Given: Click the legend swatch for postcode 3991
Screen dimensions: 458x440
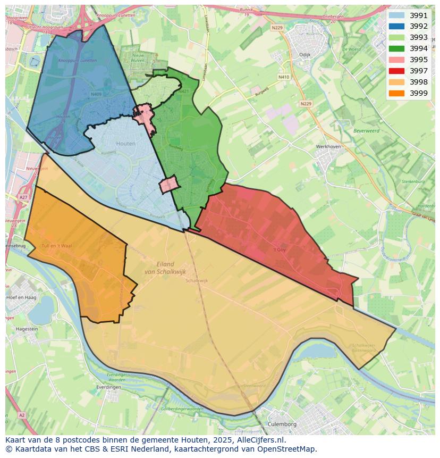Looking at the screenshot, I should point(396,15).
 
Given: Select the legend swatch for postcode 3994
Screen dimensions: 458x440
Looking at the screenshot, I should point(396,48).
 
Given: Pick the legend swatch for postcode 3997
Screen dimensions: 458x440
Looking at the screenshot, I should point(396,71).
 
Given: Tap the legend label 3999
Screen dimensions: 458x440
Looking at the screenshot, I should point(419,93).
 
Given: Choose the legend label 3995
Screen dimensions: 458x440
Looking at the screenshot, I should point(419,60).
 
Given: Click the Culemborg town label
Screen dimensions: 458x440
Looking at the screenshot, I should point(282,424).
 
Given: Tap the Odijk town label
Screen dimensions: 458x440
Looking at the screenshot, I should point(304,54).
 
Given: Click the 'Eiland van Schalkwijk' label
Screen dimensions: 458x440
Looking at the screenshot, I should point(165,268).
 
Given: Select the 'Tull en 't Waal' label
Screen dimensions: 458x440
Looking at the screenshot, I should point(56,246).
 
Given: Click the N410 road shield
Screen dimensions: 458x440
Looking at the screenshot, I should point(284,77).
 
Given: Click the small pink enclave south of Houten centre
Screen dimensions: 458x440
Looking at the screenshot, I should point(168,185).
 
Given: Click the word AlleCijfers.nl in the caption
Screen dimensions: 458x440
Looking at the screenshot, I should point(260,440).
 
